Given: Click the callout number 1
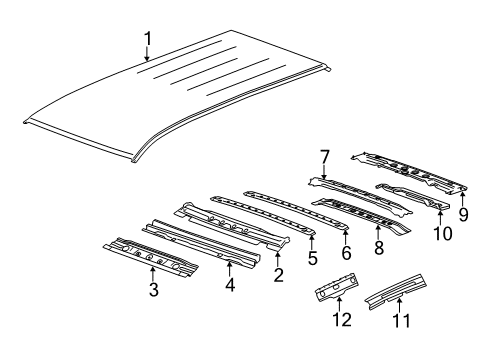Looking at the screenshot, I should tap(147, 39).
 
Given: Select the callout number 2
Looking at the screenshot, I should tap(279, 274).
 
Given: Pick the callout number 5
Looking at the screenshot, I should tap(312, 257).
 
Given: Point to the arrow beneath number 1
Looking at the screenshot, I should tap(147, 57).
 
